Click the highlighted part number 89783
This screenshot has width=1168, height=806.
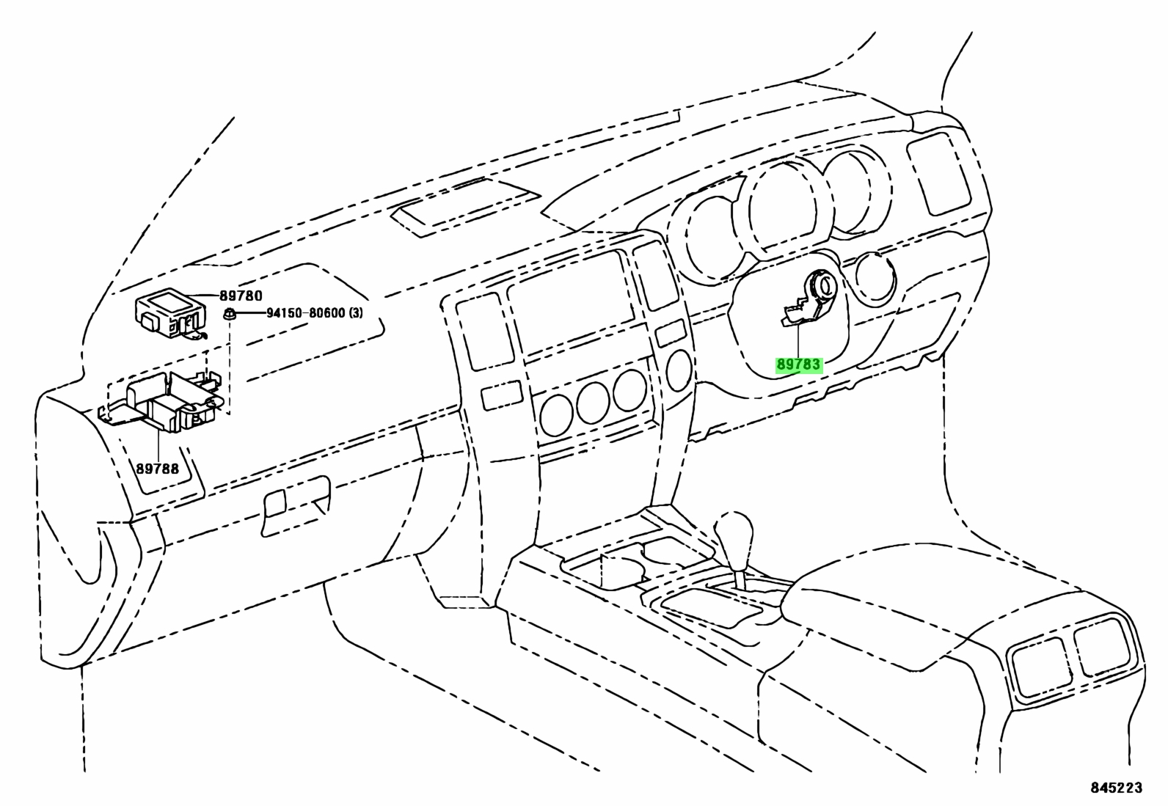[798, 365]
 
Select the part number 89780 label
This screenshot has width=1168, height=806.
[241, 296]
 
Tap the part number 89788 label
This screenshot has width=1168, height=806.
[158, 468]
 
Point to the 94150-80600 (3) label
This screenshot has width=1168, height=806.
[315, 313]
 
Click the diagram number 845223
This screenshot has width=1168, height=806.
[1116, 787]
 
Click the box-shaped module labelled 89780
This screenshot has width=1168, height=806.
[170, 314]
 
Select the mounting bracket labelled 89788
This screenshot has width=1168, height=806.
[161, 401]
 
